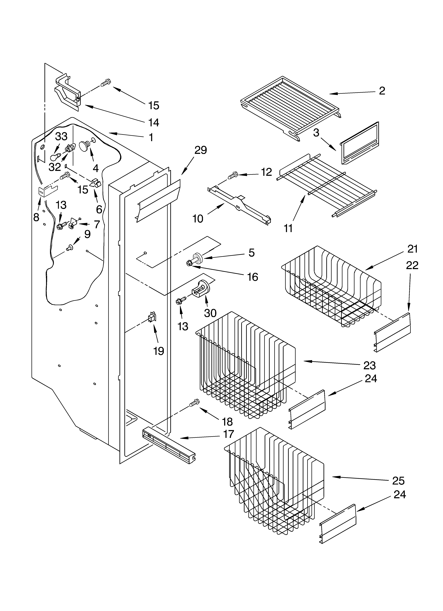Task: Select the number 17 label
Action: click(229, 434)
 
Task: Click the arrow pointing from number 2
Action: click(352, 93)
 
